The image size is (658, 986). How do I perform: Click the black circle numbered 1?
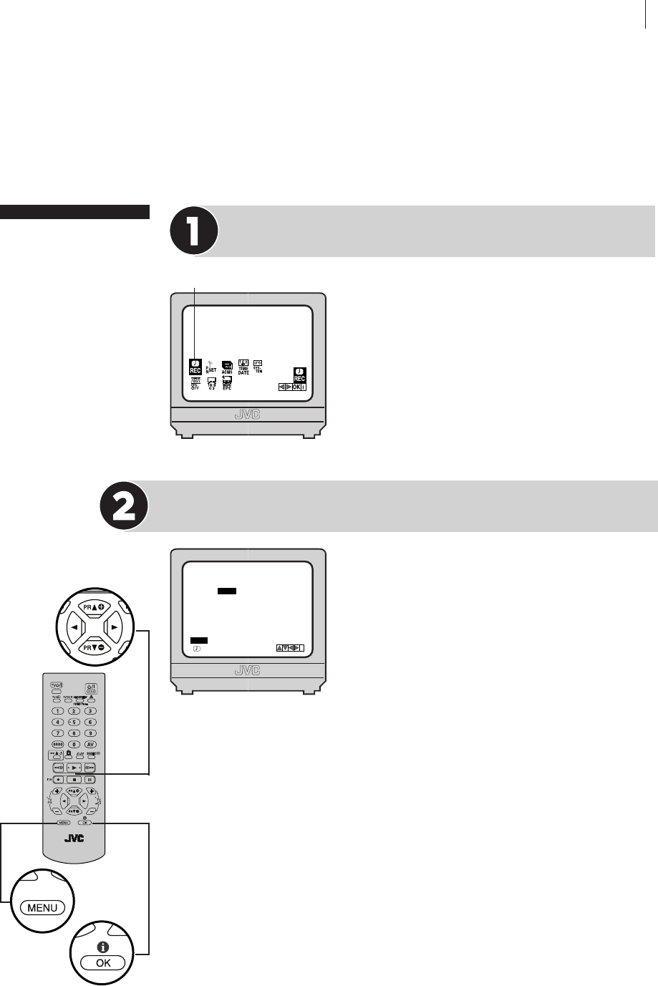click(193, 231)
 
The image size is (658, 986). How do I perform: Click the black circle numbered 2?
click(125, 506)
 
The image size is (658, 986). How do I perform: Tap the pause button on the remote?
click(90, 779)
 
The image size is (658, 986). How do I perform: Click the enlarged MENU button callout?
click(42, 907)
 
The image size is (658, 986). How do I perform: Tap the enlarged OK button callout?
click(104, 962)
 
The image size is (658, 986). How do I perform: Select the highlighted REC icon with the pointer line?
click(195, 366)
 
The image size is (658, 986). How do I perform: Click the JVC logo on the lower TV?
click(248, 671)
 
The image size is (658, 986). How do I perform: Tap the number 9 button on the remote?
click(90, 733)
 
